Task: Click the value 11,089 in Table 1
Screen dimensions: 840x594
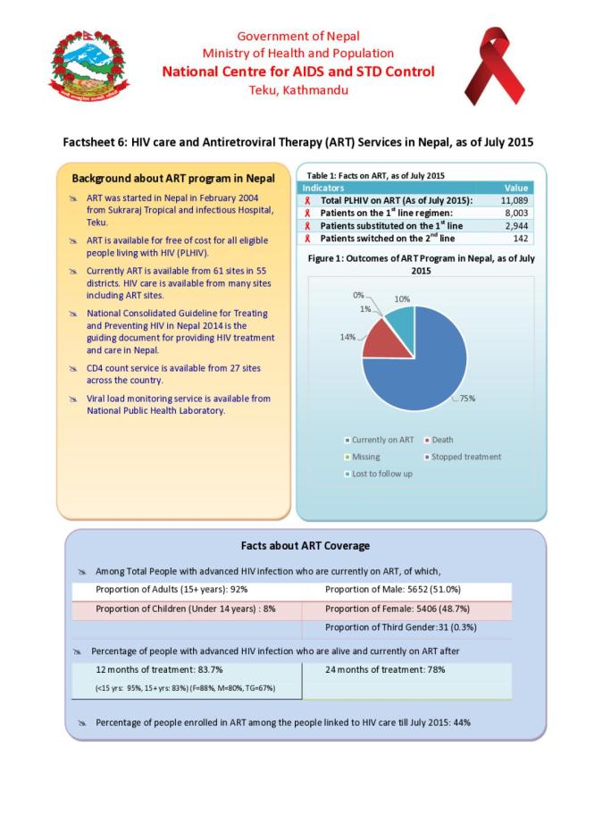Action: (x=513, y=201)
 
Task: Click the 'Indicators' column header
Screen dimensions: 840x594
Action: (x=324, y=189)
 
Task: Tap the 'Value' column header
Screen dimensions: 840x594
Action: (x=516, y=189)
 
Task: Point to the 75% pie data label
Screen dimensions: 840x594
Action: (x=466, y=399)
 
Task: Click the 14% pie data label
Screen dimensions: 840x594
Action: (x=347, y=337)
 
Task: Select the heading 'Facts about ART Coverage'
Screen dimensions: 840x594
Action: (x=305, y=545)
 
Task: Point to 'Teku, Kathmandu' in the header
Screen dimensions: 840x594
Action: (x=297, y=89)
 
